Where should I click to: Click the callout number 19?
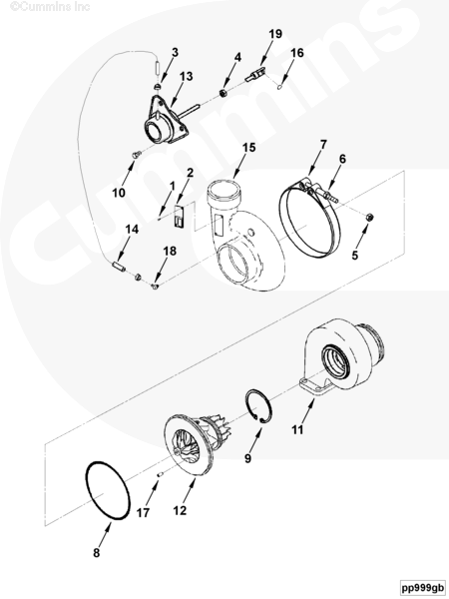(x=275, y=34)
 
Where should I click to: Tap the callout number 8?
(x=97, y=552)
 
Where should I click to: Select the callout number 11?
(x=297, y=429)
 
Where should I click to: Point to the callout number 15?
(x=248, y=148)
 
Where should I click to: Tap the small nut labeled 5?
(x=369, y=218)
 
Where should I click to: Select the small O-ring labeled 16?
(x=280, y=87)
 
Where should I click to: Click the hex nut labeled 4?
(x=224, y=93)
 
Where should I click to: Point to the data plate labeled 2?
(x=179, y=217)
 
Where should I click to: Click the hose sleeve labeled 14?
(x=119, y=267)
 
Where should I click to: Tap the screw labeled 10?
(x=137, y=155)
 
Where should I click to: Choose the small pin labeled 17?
(x=161, y=475)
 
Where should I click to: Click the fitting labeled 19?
(x=254, y=74)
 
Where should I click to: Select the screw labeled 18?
(x=155, y=286)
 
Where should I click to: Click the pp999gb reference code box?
(x=422, y=587)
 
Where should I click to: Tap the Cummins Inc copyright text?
(x=50, y=6)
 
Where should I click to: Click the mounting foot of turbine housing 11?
(x=315, y=386)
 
